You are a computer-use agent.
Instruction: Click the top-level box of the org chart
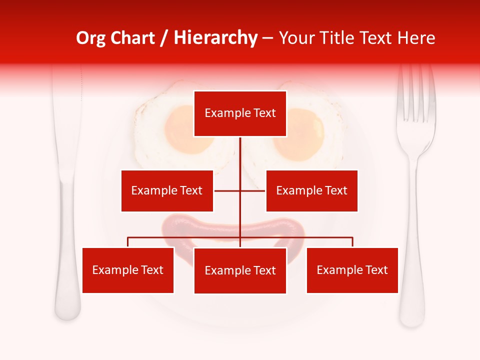[x=240, y=113]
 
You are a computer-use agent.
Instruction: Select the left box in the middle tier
[x=167, y=190]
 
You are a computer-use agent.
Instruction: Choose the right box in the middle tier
[x=311, y=190]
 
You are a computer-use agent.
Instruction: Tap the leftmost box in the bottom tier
[x=128, y=270]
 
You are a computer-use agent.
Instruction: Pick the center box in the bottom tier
[x=240, y=270]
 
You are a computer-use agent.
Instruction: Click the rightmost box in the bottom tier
[x=352, y=270]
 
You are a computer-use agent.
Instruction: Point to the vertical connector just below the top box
[x=240, y=150]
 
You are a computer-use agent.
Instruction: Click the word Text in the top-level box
[x=264, y=113]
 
